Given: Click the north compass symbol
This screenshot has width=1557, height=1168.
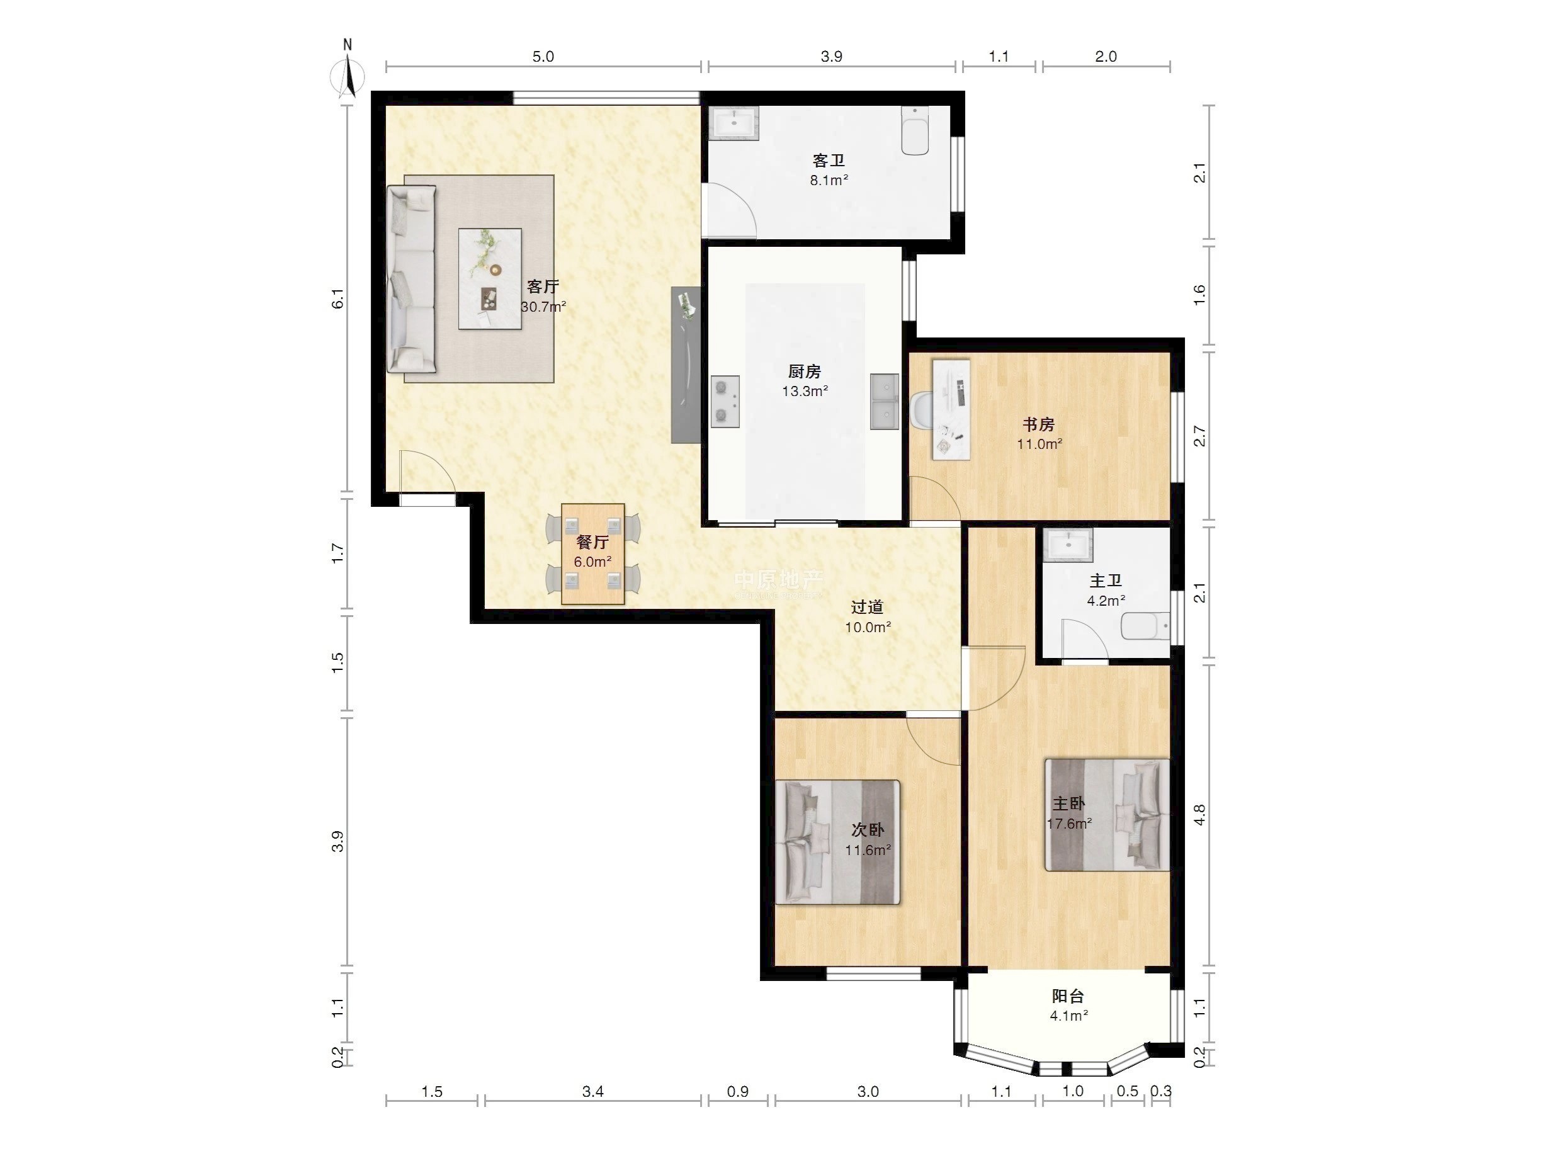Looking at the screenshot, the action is [348, 71].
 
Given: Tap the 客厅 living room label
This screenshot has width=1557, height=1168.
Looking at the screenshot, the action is [543, 286].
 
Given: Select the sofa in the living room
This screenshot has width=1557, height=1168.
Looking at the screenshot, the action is [412, 279].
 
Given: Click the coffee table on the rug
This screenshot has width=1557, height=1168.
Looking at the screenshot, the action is [490, 279].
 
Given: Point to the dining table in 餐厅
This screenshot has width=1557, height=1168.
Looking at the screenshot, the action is [592, 554].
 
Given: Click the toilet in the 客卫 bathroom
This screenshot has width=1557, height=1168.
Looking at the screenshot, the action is [915, 131].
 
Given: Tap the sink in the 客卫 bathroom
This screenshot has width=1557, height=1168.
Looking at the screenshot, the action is [734, 121].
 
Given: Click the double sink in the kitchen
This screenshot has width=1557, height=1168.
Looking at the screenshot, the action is [885, 401].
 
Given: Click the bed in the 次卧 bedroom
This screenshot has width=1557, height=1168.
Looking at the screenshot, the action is [837, 842].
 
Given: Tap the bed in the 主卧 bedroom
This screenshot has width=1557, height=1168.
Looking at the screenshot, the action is [1107, 815].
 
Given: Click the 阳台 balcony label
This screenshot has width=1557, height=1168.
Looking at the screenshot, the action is [1068, 996].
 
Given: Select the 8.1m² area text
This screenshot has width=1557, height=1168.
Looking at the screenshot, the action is [829, 180].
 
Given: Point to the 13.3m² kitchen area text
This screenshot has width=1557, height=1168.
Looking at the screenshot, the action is [805, 392].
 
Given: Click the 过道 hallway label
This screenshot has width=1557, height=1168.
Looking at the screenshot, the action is [867, 607].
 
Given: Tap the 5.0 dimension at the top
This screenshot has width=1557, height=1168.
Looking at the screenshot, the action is [543, 56].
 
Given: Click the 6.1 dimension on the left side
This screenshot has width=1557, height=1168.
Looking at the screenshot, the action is [339, 298].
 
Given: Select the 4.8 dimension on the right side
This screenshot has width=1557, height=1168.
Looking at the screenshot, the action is [1200, 815].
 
